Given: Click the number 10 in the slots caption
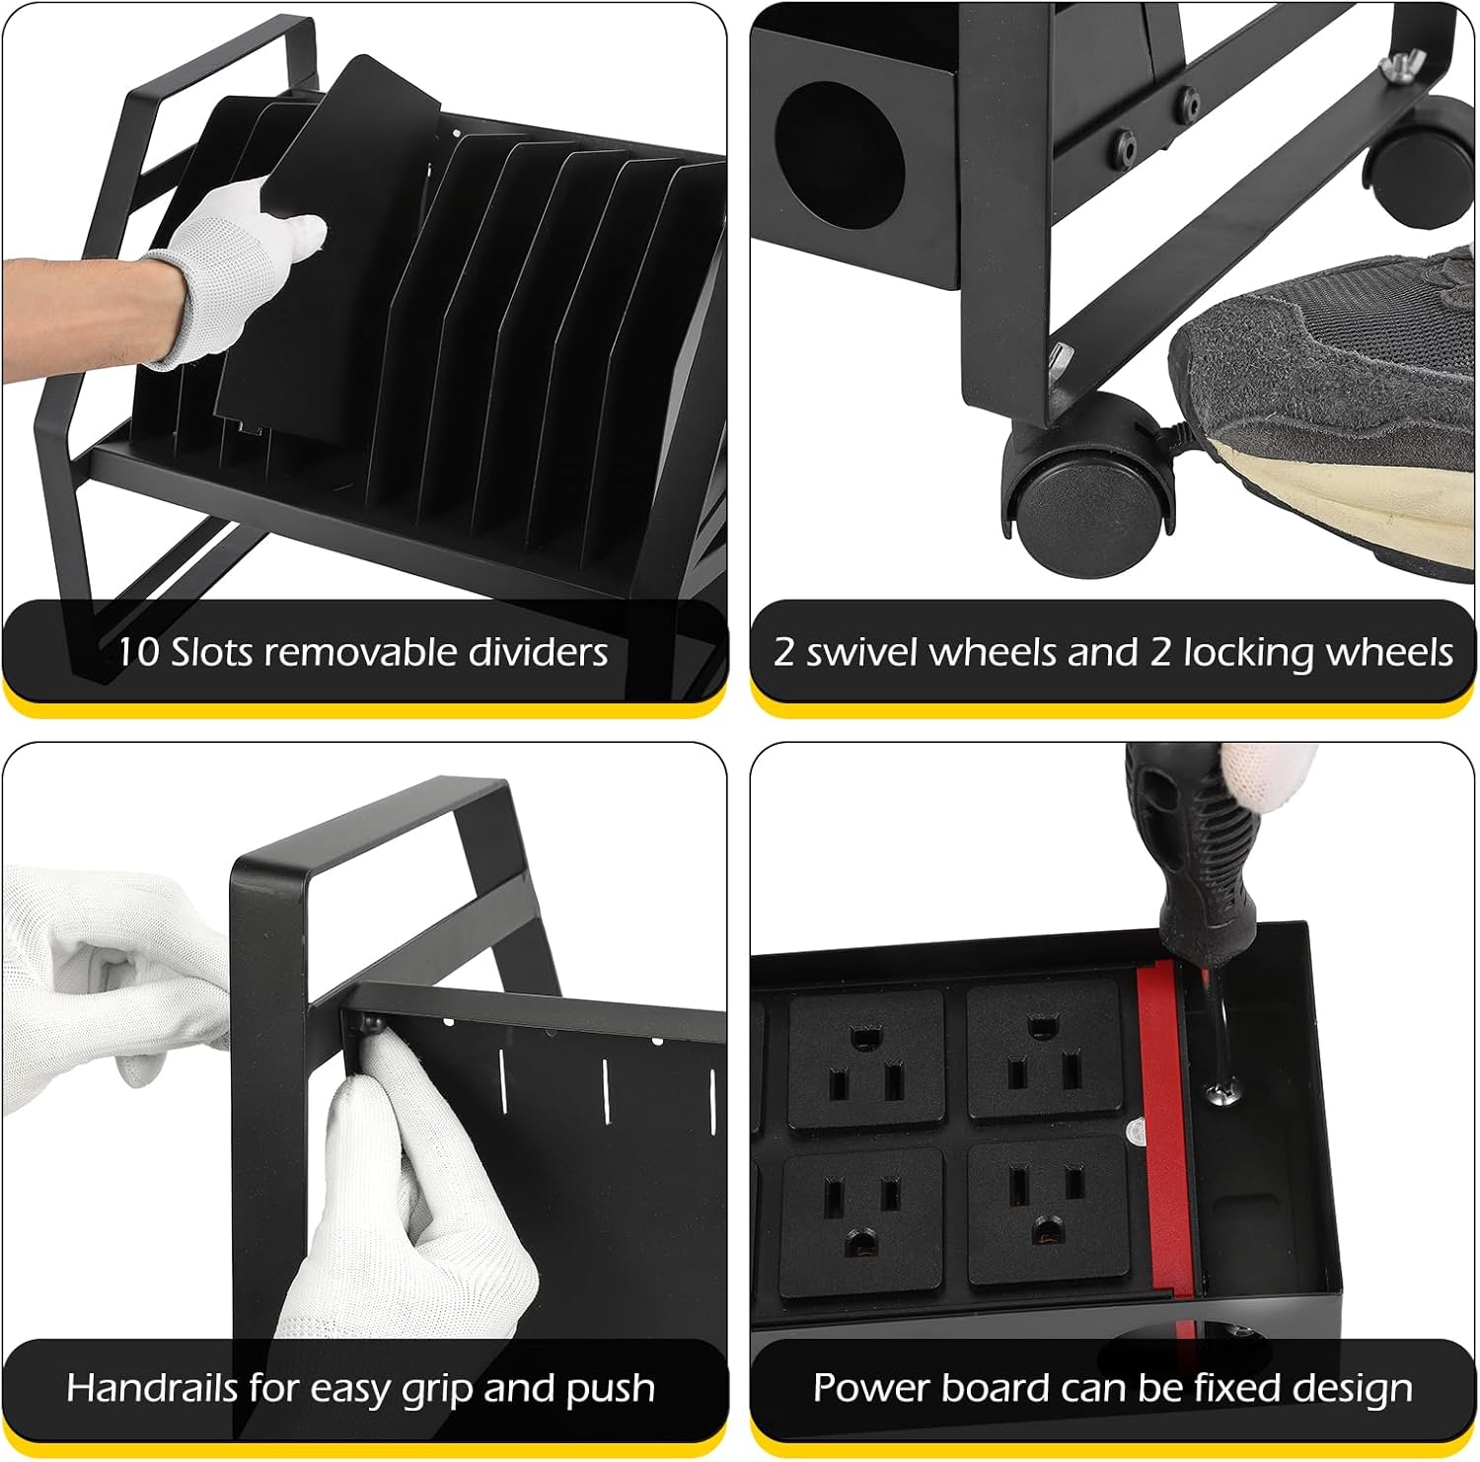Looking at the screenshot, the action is point(137,652).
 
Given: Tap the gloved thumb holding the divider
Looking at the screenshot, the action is point(296,237).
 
